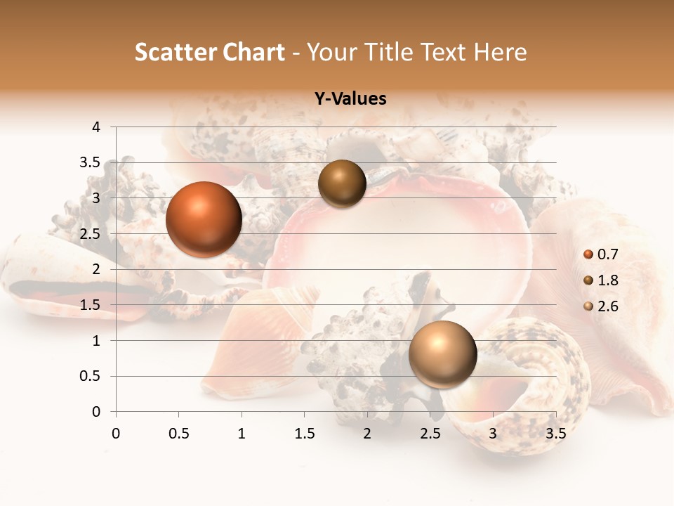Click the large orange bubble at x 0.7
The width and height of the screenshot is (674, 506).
(204, 219)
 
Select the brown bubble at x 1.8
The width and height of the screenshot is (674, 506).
(342, 184)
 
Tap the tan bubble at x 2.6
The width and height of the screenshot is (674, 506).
(442, 354)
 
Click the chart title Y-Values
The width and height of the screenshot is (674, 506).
(350, 99)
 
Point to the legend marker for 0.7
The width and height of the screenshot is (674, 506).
(588, 254)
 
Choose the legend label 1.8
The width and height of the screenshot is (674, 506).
(608, 280)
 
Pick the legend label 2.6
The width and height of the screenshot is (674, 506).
(608, 306)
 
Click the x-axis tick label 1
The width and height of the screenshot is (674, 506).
(242, 434)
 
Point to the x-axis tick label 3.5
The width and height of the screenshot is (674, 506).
(555, 434)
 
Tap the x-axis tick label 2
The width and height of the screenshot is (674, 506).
(367, 434)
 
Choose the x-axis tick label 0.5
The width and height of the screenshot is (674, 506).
(179, 434)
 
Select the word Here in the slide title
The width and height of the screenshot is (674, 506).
(500, 52)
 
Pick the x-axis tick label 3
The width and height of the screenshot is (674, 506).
(493, 434)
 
